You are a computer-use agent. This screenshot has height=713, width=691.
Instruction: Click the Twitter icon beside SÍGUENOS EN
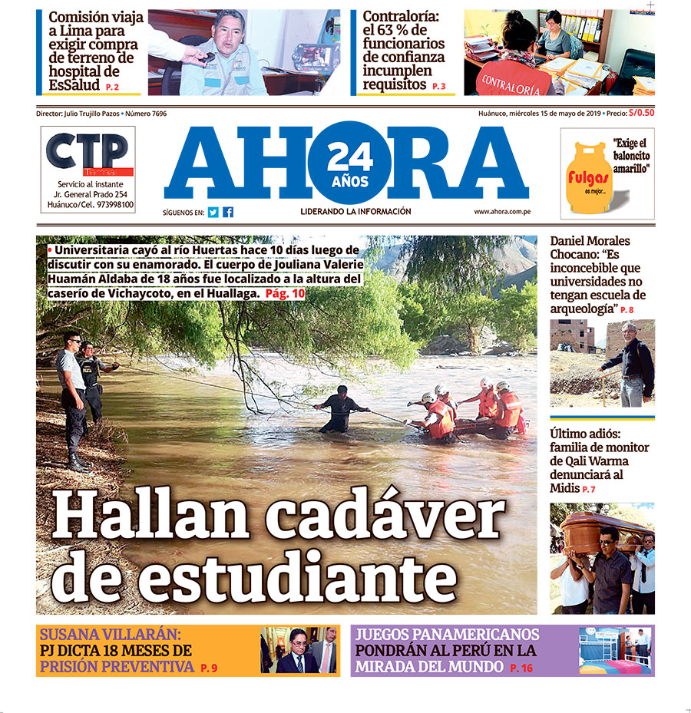(x=213, y=213)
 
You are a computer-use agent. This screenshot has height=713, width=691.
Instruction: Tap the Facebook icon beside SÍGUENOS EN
(x=228, y=213)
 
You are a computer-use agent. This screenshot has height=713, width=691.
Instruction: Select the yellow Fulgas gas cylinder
(x=587, y=178)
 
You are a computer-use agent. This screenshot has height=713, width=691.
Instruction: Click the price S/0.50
(x=641, y=113)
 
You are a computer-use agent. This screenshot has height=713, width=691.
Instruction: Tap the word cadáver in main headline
(x=391, y=515)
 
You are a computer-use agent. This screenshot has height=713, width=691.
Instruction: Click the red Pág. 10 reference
(x=285, y=293)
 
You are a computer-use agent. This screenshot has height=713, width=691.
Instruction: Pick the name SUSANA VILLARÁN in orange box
(x=110, y=635)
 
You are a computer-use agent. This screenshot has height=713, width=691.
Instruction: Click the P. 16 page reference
(x=521, y=669)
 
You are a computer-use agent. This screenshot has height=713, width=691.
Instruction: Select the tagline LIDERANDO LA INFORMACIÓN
(x=355, y=212)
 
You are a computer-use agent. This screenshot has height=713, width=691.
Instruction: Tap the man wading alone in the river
(x=339, y=410)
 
